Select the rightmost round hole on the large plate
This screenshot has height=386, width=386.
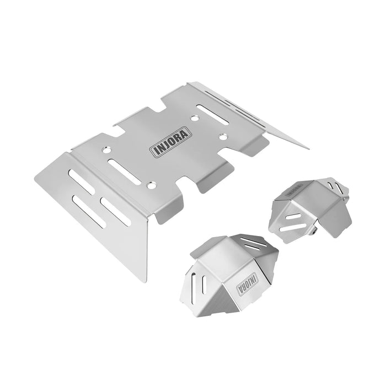[223, 136]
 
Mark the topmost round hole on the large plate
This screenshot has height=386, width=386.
[194, 117]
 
